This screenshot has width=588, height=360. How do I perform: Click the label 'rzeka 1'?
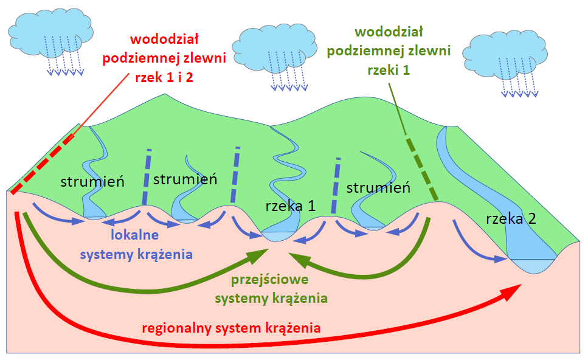tap(290, 206)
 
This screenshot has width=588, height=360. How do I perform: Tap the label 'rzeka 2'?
tap(511, 219)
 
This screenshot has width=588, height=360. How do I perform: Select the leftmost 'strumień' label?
tap(92, 182)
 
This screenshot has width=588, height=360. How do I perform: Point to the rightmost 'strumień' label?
tap(378, 188)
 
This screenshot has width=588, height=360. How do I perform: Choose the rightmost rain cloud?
tap(505, 54)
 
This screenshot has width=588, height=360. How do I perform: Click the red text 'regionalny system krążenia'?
tap(231, 328)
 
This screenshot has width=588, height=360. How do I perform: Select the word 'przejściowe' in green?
tap(269, 280)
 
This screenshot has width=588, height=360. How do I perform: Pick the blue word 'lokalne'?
tap(134, 235)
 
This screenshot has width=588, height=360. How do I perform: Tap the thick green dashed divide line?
tap(422, 169)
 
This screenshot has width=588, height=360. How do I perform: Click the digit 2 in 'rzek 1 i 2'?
tap(189, 77)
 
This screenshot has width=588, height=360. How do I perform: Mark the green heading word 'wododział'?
tap(389, 32)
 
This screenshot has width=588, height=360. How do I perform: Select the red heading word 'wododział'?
tap(164, 39)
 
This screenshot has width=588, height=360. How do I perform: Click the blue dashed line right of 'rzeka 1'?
tap(336, 186)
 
